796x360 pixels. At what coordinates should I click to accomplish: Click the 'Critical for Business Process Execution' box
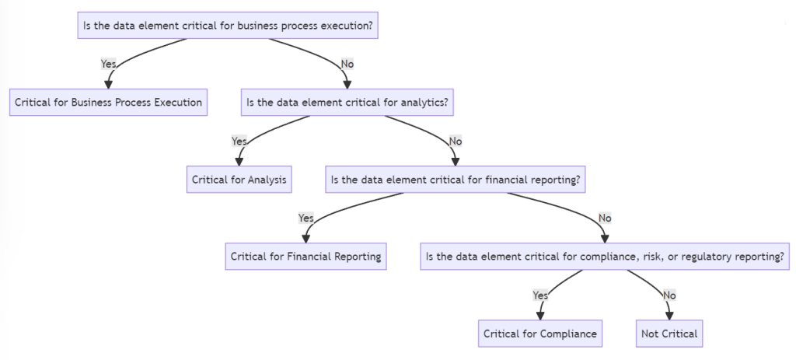tap(108, 102)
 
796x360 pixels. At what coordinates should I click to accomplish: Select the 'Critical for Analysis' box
tap(239, 180)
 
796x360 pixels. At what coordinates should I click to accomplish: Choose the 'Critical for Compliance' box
tap(540, 334)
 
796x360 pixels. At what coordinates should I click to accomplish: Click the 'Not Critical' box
tap(669, 334)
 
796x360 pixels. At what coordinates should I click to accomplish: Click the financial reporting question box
tap(456, 180)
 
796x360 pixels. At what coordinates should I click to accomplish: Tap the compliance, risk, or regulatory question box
tap(605, 257)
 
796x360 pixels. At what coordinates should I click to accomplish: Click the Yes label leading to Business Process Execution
tap(109, 63)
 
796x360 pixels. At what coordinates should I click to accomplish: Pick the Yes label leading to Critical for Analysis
tap(239, 141)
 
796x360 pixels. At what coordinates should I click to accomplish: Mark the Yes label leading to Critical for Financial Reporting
tap(306, 218)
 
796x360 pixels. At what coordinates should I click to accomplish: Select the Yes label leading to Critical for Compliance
tap(540, 295)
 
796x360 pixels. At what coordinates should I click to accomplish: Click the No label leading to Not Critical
tap(669, 295)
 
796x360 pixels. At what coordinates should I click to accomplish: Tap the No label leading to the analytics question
tap(347, 63)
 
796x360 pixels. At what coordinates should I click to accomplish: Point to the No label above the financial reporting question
tap(456, 141)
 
